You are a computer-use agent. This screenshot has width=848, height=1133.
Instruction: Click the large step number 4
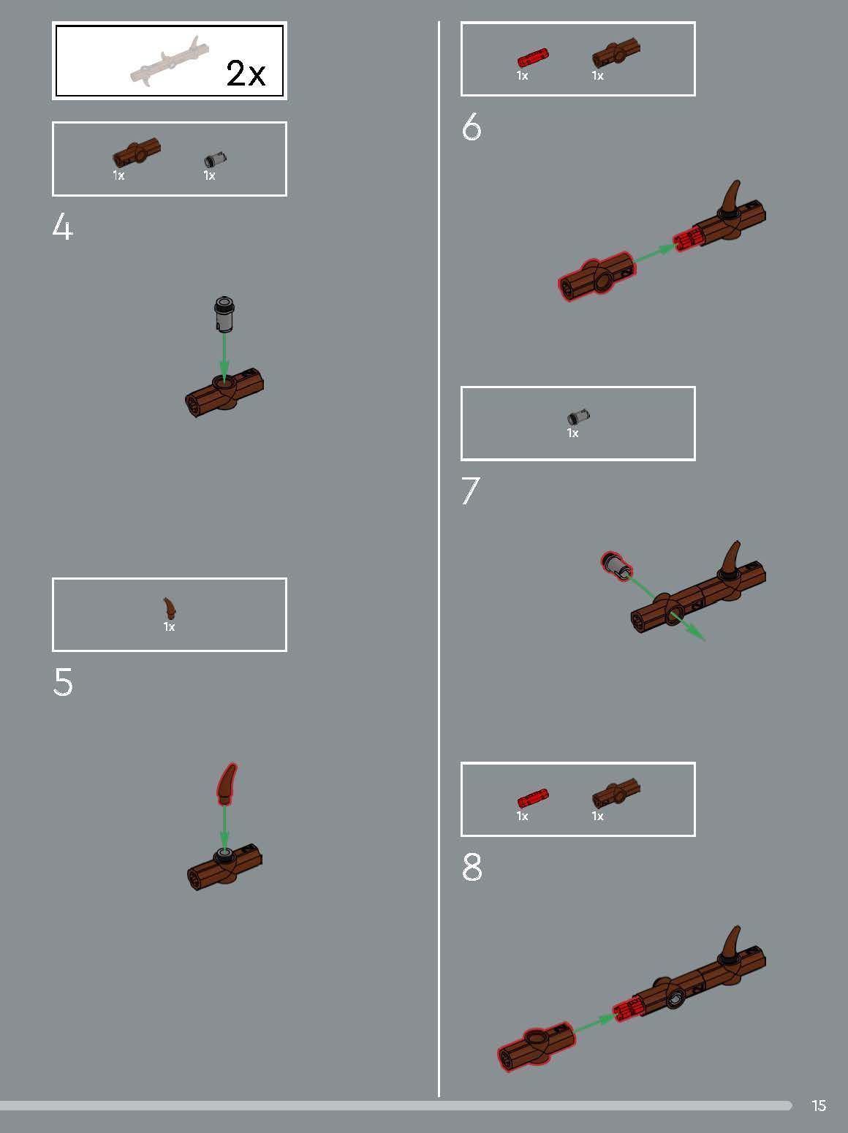(x=62, y=227)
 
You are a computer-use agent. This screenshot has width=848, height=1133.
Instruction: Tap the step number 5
(x=63, y=682)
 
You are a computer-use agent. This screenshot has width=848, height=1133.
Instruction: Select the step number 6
(x=472, y=127)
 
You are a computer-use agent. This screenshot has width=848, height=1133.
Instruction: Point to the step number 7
(x=470, y=490)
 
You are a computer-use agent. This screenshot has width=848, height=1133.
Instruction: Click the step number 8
(x=472, y=867)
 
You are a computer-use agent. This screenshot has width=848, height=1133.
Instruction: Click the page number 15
(x=819, y=1106)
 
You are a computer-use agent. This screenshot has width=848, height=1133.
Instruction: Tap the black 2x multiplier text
(x=246, y=73)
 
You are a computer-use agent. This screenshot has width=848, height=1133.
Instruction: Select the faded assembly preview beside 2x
(x=170, y=61)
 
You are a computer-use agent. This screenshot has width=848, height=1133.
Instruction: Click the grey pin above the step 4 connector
(x=224, y=314)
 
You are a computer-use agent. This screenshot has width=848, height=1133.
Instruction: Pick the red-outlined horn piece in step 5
(x=227, y=784)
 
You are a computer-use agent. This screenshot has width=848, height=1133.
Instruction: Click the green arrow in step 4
(x=224, y=357)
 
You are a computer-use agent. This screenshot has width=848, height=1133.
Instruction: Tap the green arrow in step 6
(x=654, y=254)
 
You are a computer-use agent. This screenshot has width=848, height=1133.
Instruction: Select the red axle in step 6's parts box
(x=533, y=57)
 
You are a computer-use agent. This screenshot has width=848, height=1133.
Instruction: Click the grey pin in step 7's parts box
(x=578, y=416)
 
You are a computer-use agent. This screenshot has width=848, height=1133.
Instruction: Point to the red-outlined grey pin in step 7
(x=616, y=566)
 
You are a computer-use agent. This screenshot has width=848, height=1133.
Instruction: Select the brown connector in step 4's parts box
(x=136, y=152)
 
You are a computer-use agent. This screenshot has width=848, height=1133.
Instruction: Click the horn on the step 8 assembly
(x=730, y=945)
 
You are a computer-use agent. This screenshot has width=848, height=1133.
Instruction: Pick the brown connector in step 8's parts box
(x=616, y=795)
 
